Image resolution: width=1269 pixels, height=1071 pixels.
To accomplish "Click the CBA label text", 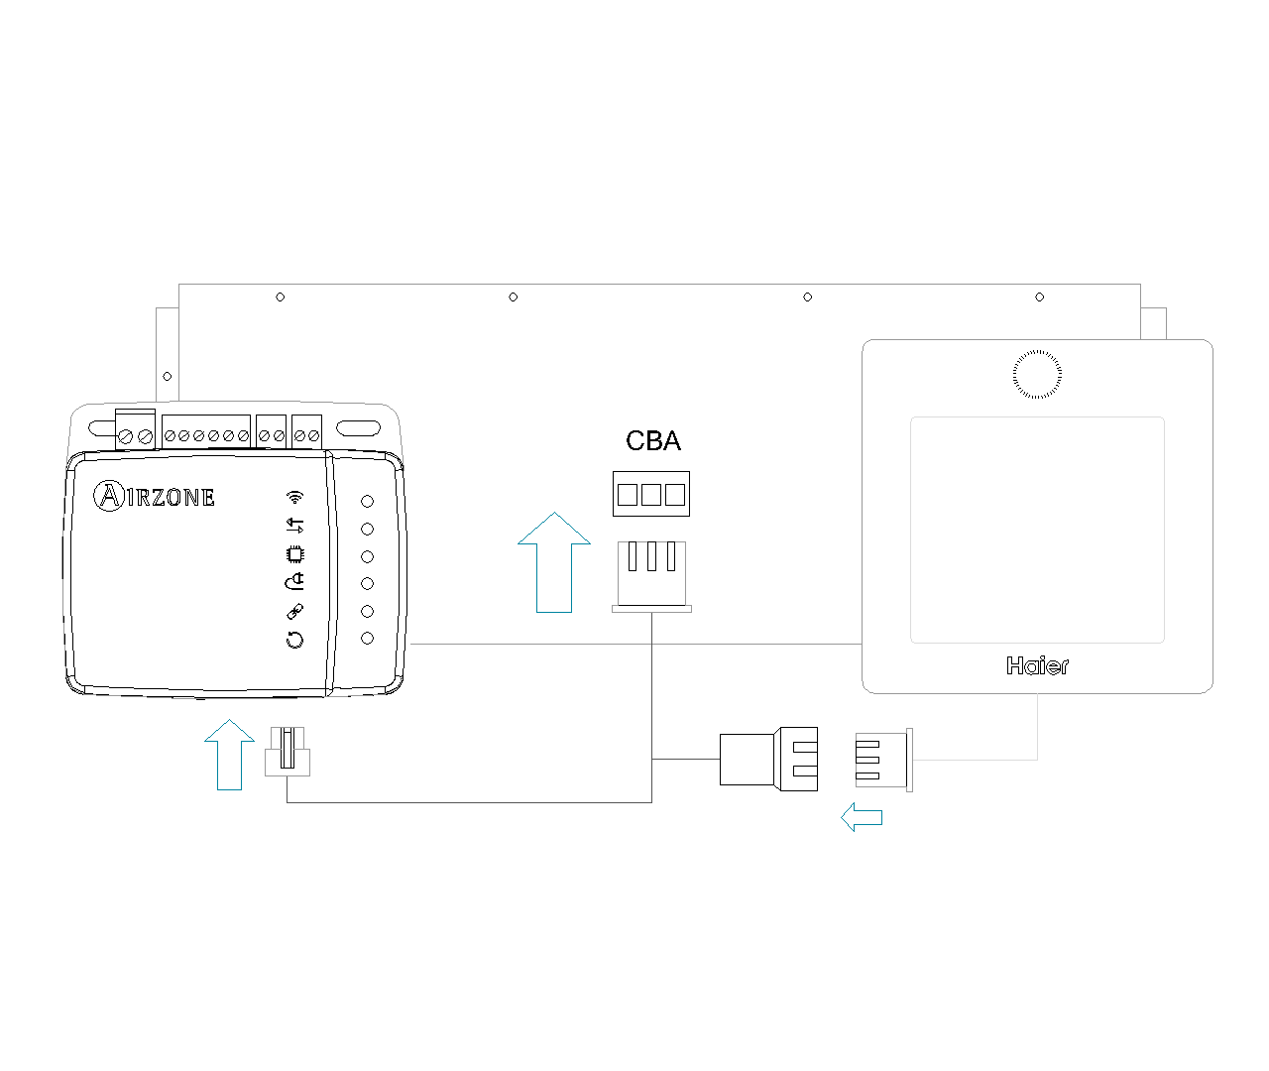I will (x=653, y=441).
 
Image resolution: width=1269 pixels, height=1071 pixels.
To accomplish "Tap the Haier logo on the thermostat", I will (x=1037, y=666).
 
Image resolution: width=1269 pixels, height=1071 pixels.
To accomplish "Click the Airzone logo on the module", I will (x=155, y=496).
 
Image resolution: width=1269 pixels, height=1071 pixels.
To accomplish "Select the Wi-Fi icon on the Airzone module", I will (x=294, y=497).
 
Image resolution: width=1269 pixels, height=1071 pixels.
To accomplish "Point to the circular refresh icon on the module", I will (x=294, y=640).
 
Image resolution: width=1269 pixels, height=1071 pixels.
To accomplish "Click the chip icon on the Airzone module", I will (x=294, y=553).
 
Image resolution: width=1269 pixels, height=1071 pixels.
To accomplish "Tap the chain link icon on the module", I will (x=294, y=612).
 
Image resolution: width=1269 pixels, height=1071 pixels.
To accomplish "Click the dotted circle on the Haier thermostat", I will (x=1037, y=374).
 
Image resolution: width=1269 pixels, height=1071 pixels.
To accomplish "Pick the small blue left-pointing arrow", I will (x=862, y=817).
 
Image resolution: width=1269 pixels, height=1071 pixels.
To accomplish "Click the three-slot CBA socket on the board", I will (x=651, y=494).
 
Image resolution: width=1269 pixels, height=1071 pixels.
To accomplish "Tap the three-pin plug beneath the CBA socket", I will (x=651, y=574).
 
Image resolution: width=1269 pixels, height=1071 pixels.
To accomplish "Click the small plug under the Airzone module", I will (x=288, y=752).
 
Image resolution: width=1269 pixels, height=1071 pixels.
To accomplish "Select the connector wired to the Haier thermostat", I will (x=882, y=760).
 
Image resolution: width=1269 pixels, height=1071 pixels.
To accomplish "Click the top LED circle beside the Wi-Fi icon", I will (x=367, y=502).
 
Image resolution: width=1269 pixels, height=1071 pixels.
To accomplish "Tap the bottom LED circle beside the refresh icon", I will (x=367, y=638).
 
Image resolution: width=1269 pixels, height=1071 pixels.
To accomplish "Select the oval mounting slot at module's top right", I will (x=359, y=428).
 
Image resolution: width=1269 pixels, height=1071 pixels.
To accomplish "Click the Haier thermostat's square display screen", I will (x=1037, y=530).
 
